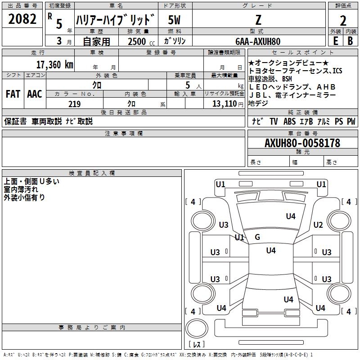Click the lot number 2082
22,19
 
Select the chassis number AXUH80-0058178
302,143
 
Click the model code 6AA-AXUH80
258,41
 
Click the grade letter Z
258,20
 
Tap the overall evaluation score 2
343,20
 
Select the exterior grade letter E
335,41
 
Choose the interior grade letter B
350,41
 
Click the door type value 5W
174,20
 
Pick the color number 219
75,104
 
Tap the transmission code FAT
13,94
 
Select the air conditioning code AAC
34,94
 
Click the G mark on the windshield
257,237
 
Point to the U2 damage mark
318,225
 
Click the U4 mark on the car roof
270,251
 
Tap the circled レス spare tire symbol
197,345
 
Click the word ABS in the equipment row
289,121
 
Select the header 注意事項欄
123,134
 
